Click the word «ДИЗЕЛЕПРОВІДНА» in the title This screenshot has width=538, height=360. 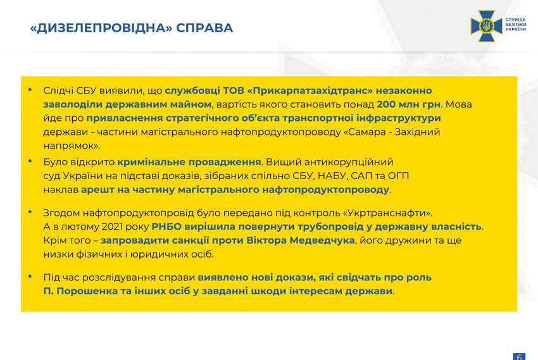click(x=101, y=28)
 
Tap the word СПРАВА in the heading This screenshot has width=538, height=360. click(x=205, y=28)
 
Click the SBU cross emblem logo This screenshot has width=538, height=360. click(x=486, y=26)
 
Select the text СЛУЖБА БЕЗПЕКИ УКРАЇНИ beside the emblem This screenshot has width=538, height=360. click(x=515, y=24)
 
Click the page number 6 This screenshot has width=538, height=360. click(x=519, y=357)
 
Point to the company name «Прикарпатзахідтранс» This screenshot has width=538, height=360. click(x=310, y=90)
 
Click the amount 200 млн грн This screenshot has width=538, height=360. click(x=408, y=104)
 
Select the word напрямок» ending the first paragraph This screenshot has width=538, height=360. click(x=72, y=146)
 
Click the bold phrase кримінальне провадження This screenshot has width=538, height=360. click(x=189, y=162)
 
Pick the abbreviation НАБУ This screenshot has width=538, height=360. click(x=332, y=176)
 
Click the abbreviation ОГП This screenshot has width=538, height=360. click(x=398, y=176)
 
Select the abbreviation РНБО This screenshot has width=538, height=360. click(x=166, y=227)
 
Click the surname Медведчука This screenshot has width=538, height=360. click(x=322, y=240)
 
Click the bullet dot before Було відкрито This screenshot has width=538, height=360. click(x=30, y=161)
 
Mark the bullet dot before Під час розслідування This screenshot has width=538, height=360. click(x=30, y=276)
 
